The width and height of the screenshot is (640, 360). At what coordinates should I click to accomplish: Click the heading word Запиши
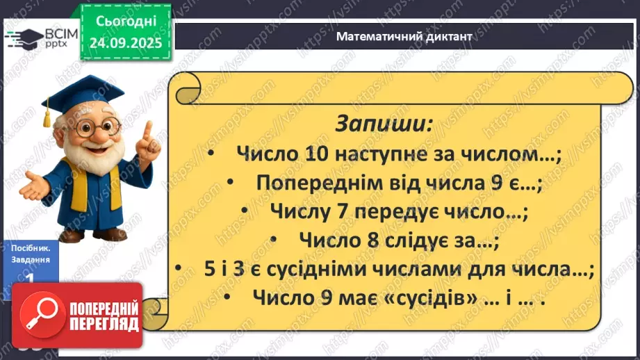coord(384,124)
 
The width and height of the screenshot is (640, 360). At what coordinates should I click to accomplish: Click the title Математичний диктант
coord(403,37)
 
